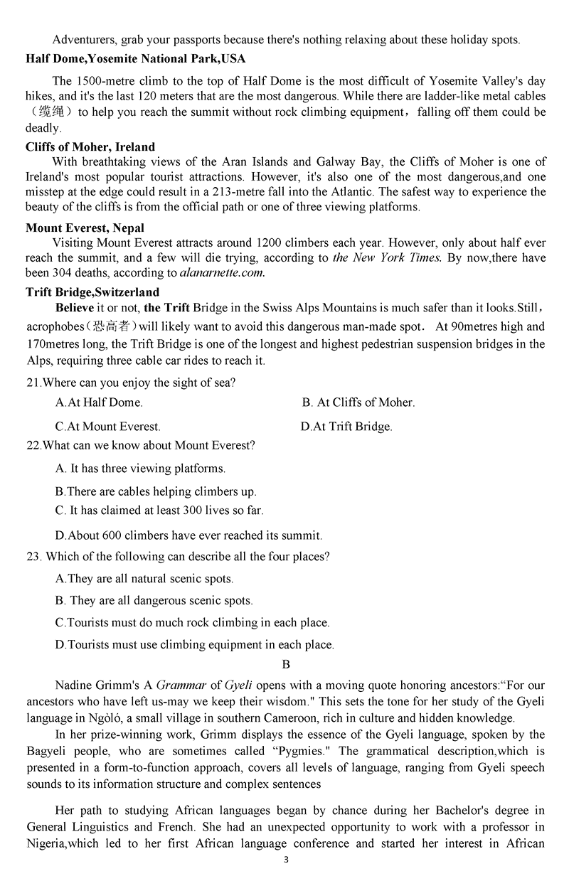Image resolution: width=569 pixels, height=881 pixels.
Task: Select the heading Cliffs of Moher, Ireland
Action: tap(90, 146)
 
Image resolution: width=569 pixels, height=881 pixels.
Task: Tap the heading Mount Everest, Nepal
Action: tap(85, 228)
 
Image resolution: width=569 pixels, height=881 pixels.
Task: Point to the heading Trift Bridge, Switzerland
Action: tap(92, 292)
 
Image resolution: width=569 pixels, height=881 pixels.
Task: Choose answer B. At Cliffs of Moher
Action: tap(358, 402)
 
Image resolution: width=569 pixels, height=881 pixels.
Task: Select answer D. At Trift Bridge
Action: tap(346, 427)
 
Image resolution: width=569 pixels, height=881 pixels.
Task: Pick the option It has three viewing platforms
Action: tap(140, 469)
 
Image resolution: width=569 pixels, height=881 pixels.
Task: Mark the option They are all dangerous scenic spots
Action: tap(154, 601)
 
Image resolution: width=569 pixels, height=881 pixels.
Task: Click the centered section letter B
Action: tap(286, 665)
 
